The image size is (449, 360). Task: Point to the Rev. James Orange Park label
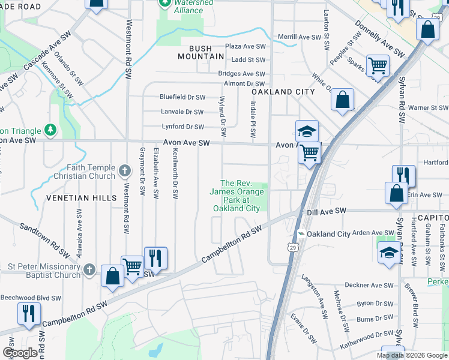[x=237, y=196]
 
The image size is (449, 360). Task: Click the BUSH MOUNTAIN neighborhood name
[x=201, y=52]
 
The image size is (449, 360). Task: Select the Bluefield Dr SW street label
[x=182, y=97]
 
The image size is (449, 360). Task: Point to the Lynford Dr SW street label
[x=183, y=127]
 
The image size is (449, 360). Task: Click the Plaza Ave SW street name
[x=245, y=46]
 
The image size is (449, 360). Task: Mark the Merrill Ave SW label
[x=300, y=37]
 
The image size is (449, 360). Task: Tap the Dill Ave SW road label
[x=327, y=211]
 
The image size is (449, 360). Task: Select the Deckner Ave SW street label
[x=369, y=286]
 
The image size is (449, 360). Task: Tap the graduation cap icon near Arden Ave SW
[x=389, y=254]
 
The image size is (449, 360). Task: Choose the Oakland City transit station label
[x=328, y=233]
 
